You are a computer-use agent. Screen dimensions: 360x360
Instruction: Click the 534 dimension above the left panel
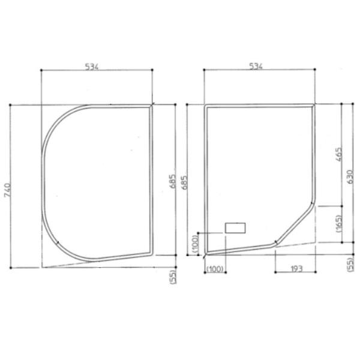click(91, 66)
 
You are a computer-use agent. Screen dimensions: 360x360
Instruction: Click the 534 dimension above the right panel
click(256, 66)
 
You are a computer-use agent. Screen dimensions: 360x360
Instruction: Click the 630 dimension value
click(350, 177)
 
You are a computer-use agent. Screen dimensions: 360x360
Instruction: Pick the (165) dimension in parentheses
click(339, 224)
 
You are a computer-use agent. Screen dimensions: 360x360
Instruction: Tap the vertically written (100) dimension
click(194, 243)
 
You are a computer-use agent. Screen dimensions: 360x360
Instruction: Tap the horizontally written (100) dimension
click(215, 269)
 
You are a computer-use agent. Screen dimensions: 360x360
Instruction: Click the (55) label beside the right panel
click(350, 264)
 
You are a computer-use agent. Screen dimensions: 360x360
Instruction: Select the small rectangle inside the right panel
click(235, 228)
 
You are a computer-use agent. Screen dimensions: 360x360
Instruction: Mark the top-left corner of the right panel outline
click(206, 106)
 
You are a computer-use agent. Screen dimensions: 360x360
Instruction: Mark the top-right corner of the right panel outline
click(313, 106)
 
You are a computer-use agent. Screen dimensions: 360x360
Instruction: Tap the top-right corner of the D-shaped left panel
click(151, 106)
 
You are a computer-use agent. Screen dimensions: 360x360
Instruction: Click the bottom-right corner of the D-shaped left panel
click(151, 253)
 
